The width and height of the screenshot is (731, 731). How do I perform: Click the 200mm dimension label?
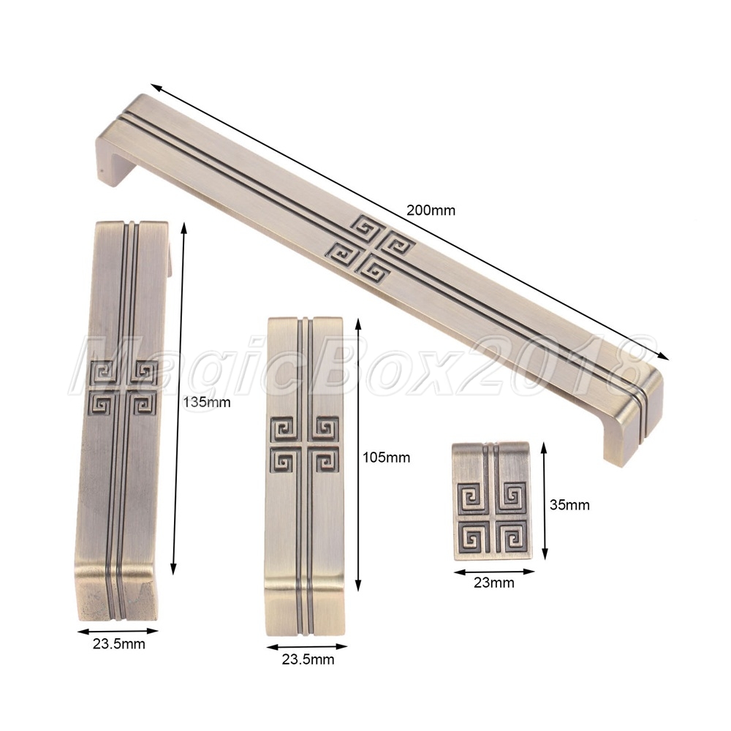coord(431,211)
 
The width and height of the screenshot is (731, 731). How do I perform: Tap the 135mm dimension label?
coord(207,402)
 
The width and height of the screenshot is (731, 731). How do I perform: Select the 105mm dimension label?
coord(387,458)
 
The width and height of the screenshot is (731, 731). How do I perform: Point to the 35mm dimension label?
coord(569,505)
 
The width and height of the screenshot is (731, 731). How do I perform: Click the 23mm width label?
coord(494,583)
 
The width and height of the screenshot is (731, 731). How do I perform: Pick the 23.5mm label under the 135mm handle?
coord(119,644)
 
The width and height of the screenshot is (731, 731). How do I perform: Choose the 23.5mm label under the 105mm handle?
coord(308,659)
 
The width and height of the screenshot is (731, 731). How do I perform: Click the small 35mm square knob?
coord(492,501)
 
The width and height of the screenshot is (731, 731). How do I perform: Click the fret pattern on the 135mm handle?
coord(123,387)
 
